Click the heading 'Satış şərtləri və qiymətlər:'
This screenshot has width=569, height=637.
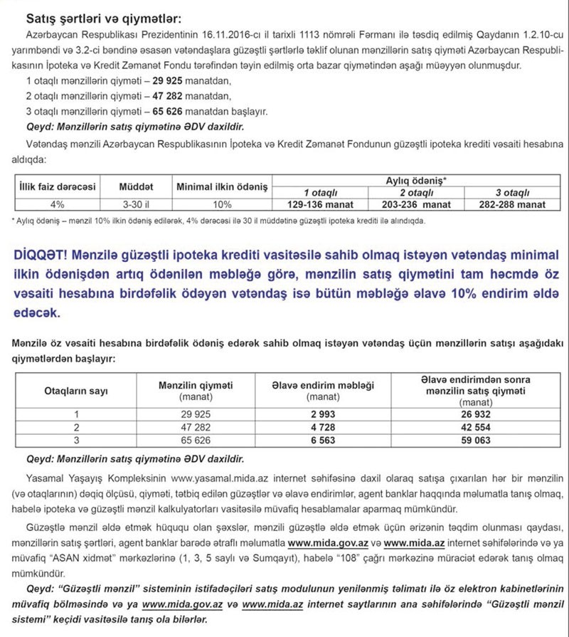pos(104,16)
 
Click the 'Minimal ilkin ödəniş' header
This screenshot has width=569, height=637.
pos(222,186)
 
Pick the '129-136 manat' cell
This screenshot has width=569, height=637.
pos(321,205)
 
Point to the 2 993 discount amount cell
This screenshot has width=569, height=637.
pos(324,414)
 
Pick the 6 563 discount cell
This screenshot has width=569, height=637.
pos(324,441)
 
